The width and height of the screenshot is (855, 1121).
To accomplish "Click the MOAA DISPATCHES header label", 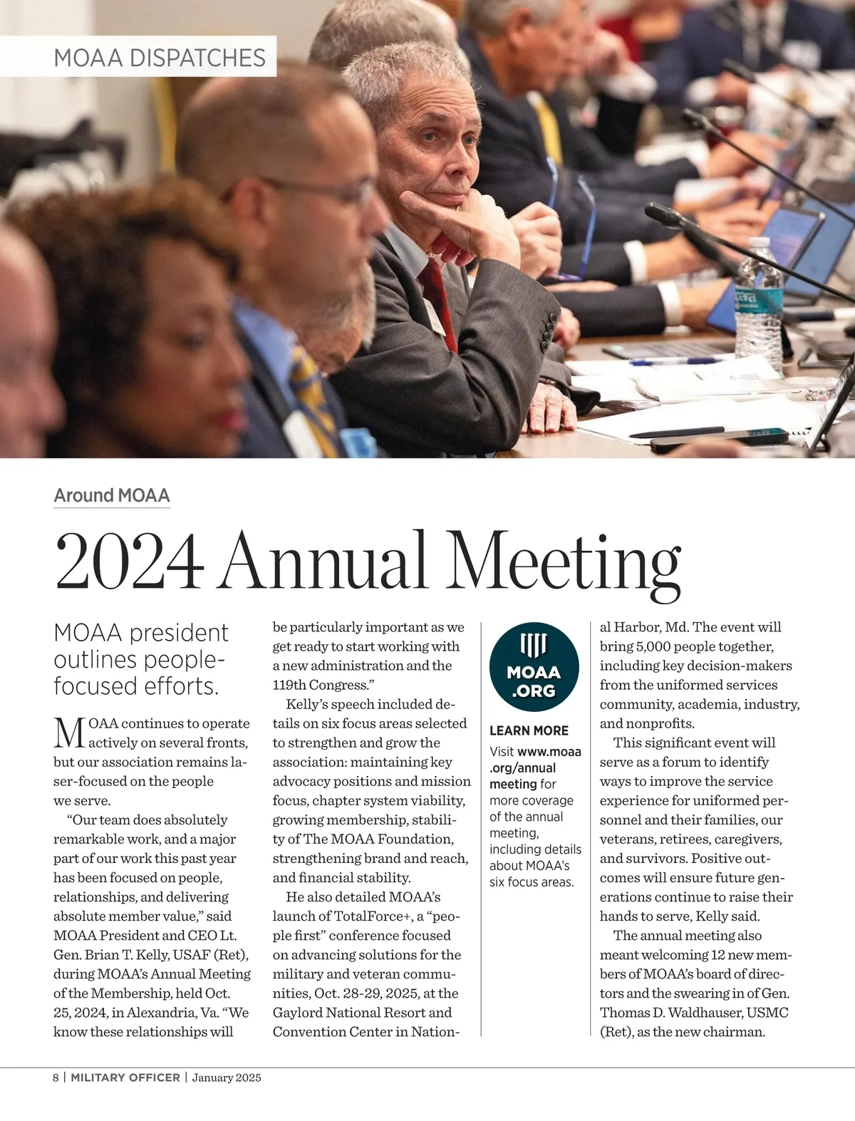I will click(160, 57).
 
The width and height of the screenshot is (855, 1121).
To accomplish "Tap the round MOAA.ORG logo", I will click(534, 667).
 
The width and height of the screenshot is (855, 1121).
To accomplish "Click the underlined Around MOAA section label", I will click(112, 495).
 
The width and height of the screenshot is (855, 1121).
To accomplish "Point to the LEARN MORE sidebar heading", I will click(529, 730).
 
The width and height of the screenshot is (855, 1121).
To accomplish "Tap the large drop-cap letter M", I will click(69, 733).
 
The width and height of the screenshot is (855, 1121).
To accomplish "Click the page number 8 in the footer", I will click(56, 1078).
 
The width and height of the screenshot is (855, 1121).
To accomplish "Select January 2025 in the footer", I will click(227, 1078).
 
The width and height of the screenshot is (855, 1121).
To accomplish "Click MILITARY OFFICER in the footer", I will click(125, 1078).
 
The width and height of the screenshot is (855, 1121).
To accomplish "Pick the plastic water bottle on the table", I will click(758, 306).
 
